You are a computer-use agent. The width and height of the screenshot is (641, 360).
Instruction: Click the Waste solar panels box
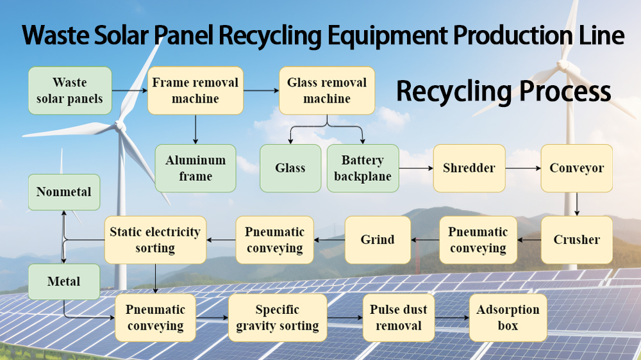[70, 90]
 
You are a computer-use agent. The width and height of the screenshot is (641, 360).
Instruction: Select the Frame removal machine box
[195, 90]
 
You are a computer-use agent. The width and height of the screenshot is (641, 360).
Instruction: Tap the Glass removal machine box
[327, 90]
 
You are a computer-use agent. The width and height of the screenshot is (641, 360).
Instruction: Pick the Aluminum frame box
[196, 168]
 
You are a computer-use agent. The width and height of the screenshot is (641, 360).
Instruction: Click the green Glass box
[290, 168]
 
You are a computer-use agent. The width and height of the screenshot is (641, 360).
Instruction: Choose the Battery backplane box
[362, 168]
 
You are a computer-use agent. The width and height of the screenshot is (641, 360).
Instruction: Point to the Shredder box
[469, 168]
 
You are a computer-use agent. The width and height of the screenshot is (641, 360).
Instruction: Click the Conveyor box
[576, 168]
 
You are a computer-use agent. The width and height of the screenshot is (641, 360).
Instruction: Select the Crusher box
[576, 240]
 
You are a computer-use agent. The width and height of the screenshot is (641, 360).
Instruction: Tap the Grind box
[378, 240]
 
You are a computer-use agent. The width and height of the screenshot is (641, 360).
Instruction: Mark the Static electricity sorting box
[154, 240]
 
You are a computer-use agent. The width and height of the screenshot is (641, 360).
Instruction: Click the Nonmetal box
[63, 192]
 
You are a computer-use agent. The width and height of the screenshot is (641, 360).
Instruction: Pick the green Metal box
[63, 281]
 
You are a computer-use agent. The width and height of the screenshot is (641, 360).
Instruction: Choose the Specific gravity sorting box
[278, 317]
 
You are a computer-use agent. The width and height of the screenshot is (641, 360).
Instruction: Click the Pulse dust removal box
[398, 317]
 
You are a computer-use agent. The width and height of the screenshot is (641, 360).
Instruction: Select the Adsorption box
[508, 317]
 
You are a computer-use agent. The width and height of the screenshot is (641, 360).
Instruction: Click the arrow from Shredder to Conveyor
[522, 168]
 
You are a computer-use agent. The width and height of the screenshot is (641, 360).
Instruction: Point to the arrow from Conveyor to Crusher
[576, 204]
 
